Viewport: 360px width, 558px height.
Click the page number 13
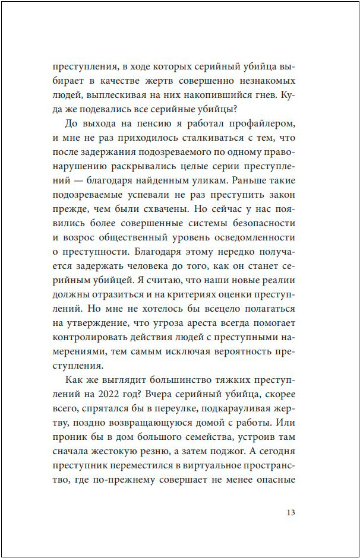[290, 513]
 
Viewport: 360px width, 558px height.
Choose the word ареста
[211, 322]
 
